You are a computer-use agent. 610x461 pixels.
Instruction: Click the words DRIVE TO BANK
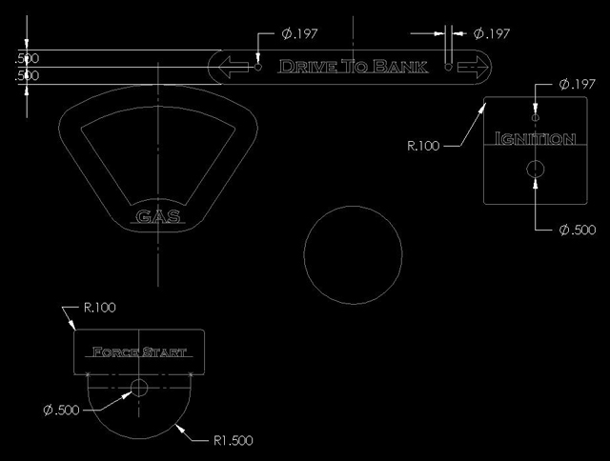click(x=354, y=67)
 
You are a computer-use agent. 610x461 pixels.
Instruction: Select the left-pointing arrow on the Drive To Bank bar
click(x=234, y=67)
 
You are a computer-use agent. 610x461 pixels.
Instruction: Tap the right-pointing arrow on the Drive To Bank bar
click(x=473, y=67)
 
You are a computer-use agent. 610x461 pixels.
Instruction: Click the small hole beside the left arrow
click(x=258, y=68)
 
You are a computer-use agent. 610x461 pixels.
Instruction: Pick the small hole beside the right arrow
click(x=448, y=68)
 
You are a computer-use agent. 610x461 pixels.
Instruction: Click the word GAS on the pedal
click(x=158, y=216)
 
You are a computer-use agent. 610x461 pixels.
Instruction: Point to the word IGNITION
click(x=535, y=138)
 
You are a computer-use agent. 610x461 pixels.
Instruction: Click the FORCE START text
click(x=139, y=352)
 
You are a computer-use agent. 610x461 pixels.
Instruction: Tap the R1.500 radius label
click(x=233, y=440)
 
